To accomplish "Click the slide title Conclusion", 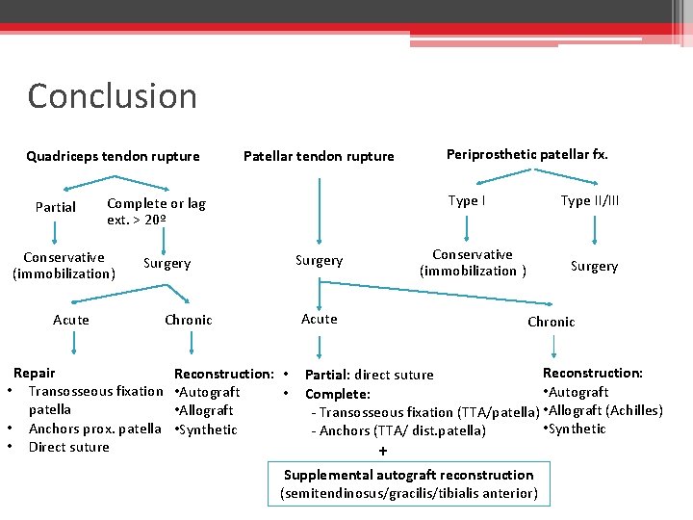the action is (x=112, y=96).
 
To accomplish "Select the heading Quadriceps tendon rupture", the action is (x=113, y=156).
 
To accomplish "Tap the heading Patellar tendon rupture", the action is (x=319, y=156).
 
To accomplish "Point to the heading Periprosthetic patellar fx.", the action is (x=526, y=154).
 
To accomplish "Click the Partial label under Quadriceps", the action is (x=55, y=207).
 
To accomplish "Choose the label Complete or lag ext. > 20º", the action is (x=155, y=212).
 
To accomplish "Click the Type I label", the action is (x=467, y=201).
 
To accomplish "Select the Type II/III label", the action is (x=589, y=201).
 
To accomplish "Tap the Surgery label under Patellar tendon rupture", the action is (x=319, y=260).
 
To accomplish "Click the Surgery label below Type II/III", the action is (x=594, y=266).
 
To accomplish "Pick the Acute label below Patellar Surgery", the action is (x=319, y=319).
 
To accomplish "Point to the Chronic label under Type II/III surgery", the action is (x=551, y=322).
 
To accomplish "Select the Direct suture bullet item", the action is (x=69, y=447).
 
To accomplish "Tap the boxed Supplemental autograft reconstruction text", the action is (x=408, y=483).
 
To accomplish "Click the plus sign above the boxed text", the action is (x=383, y=451).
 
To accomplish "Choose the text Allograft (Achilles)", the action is (x=603, y=410).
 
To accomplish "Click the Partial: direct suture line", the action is (x=369, y=375).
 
